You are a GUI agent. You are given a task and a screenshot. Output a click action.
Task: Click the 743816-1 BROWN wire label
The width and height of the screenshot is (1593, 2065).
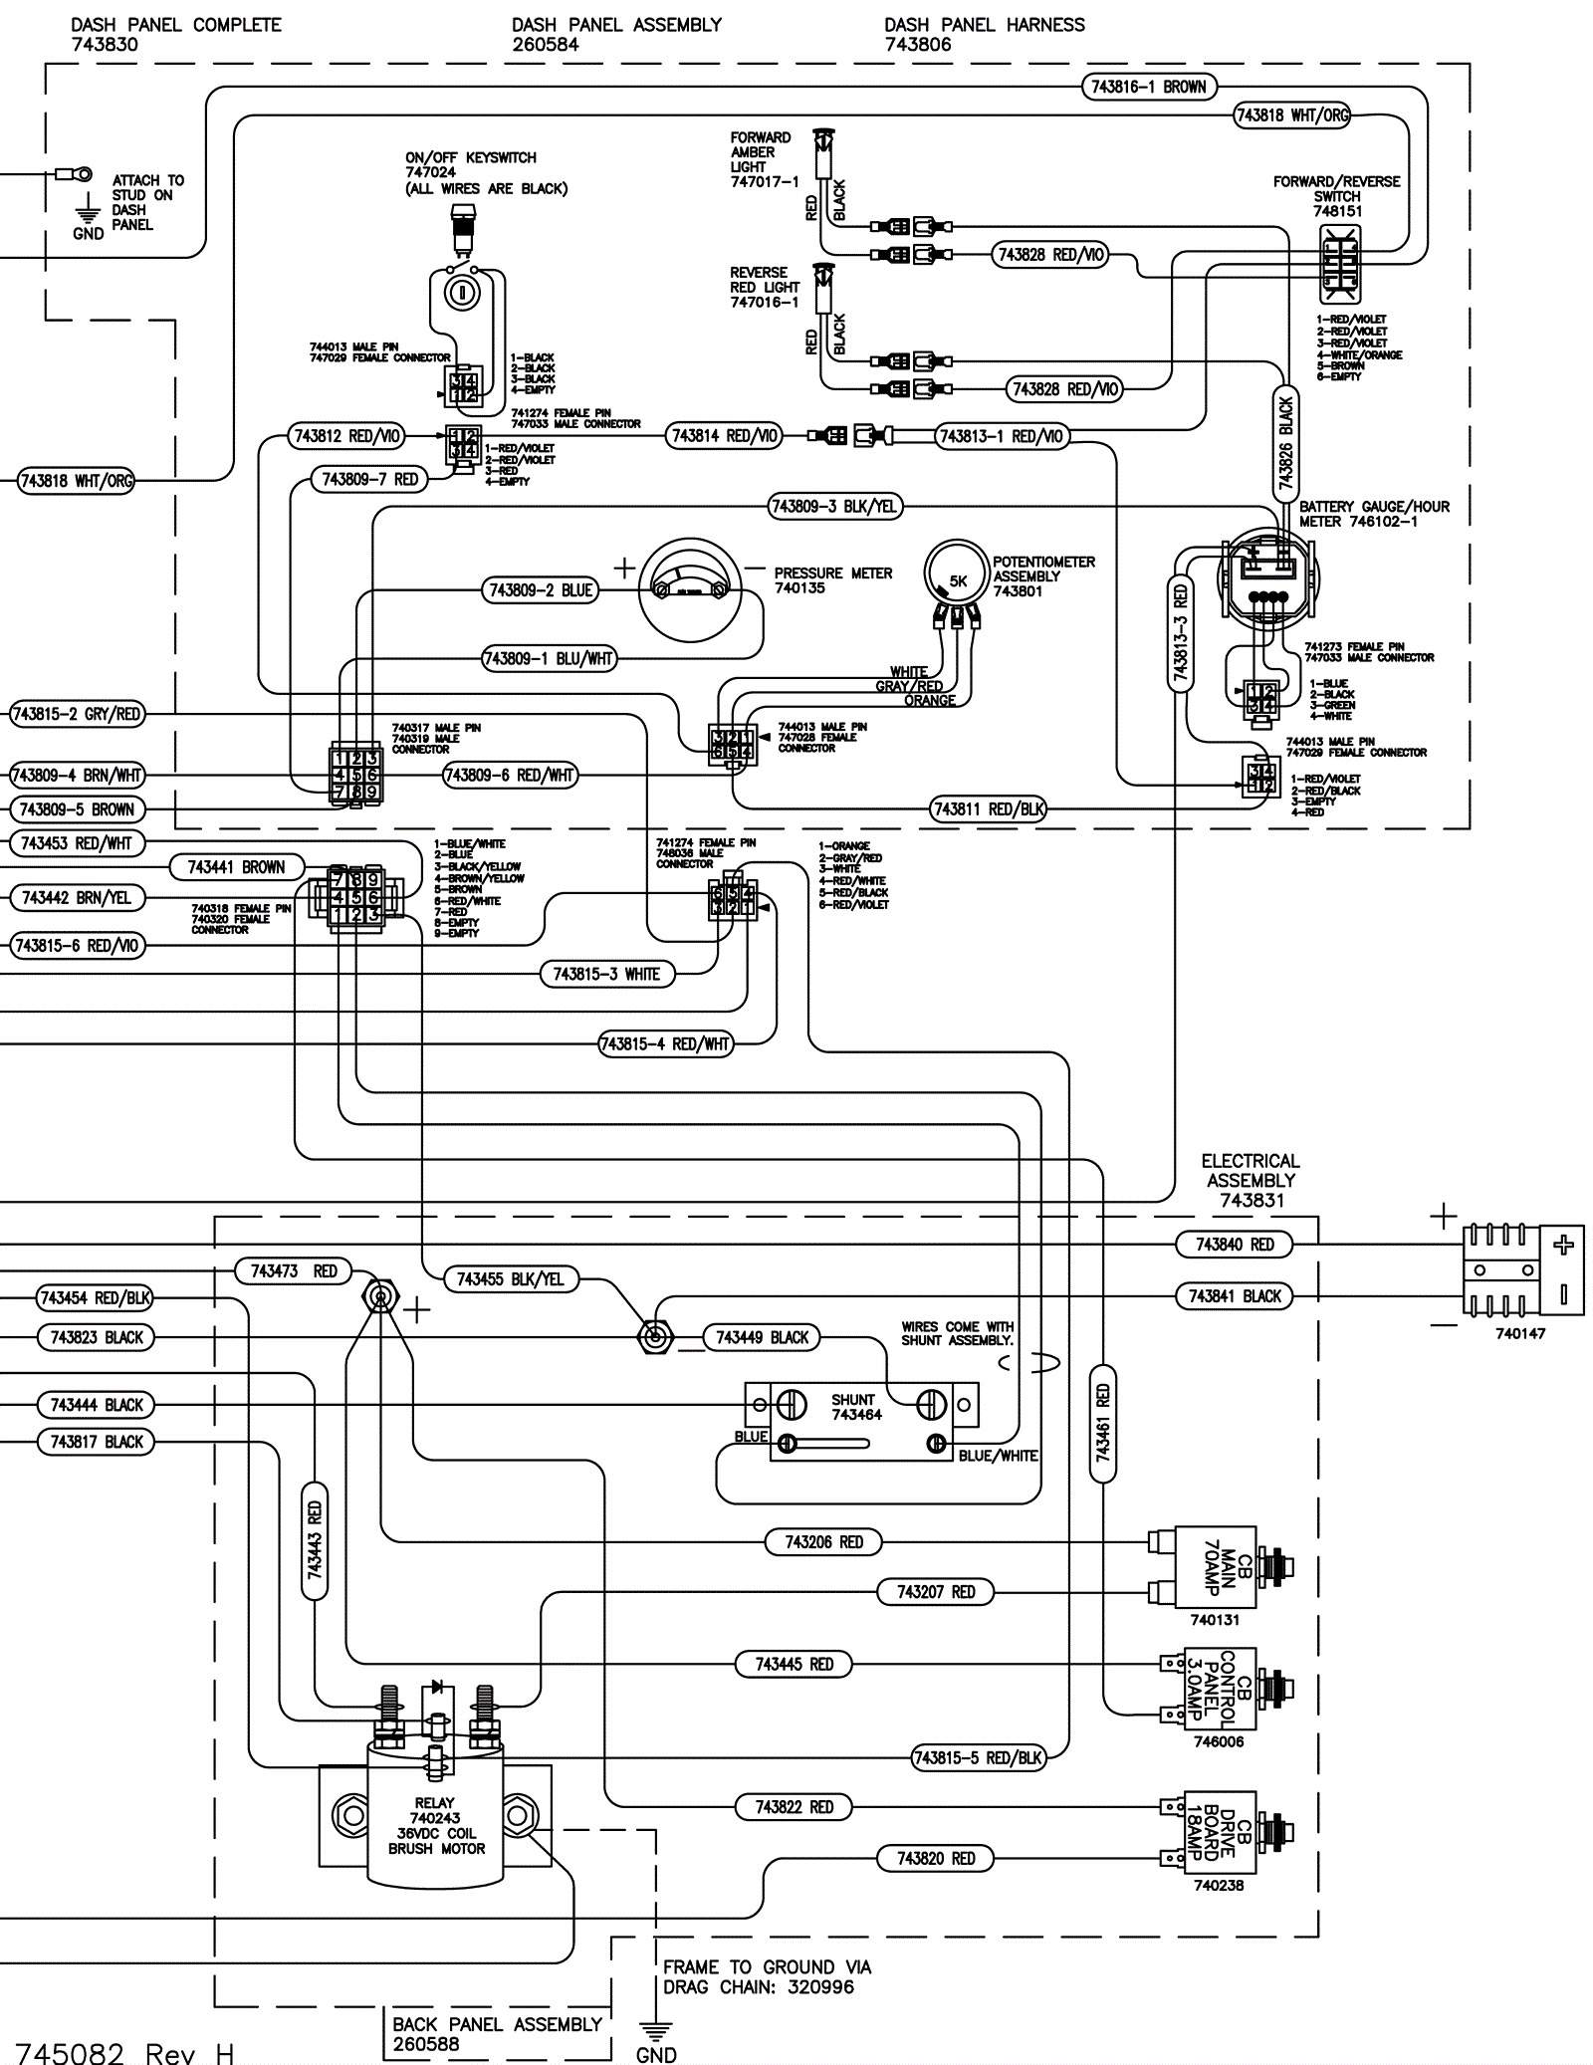tap(1148, 87)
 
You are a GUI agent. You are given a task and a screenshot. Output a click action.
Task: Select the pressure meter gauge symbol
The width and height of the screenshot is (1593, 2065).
tap(691, 590)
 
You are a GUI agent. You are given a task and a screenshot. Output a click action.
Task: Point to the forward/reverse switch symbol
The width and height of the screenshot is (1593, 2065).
tap(1339, 264)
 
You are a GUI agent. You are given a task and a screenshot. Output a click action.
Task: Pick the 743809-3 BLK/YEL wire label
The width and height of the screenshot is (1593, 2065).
tap(834, 507)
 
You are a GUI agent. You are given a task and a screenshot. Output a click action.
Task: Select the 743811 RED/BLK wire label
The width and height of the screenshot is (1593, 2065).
tap(989, 809)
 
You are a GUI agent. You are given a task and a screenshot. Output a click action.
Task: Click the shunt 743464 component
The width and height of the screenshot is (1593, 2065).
tap(861, 1420)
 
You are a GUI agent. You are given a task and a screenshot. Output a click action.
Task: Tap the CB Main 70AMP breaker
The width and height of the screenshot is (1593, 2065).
tap(1217, 1566)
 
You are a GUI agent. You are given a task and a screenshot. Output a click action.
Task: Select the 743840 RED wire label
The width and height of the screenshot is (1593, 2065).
tap(1235, 1245)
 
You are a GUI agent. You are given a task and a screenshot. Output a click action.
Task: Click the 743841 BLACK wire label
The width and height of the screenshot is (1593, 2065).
tap(1235, 1296)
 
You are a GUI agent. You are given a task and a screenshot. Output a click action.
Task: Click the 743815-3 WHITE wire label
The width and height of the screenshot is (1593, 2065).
tap(606, 974)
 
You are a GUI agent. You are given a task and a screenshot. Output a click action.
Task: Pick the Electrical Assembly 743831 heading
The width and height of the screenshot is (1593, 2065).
tap(1251, 1180)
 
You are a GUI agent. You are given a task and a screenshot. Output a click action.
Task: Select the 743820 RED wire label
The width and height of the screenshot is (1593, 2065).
tap(936, 1858)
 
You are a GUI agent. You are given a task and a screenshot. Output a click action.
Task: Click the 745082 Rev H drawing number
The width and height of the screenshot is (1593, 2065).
tap(124, 2051)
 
